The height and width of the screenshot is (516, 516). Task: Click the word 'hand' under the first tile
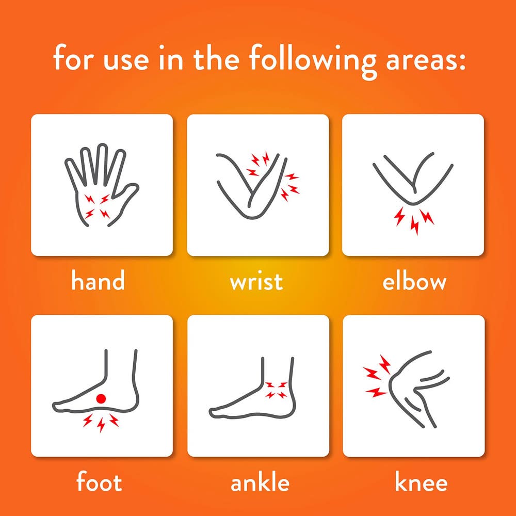pos(98,280)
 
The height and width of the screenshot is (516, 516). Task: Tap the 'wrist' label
pos(256,281)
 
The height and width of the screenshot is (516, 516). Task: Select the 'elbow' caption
pos(414,281)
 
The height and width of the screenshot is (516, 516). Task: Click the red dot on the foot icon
pos(101,398)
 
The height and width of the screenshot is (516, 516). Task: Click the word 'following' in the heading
pos(312,60)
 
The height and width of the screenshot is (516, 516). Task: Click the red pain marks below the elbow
pos(414,220)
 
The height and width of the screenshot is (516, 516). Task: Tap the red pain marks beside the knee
pos(377,376)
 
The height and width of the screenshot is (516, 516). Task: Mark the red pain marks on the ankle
pos(276,390)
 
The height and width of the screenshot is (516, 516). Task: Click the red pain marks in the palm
pos(97,207)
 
